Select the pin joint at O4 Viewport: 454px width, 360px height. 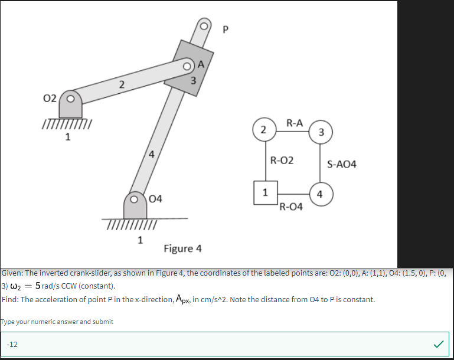click(135, 199)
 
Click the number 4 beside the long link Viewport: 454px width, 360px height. click(152, 155)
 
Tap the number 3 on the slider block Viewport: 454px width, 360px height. click(193, 81)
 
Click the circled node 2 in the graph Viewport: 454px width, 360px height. click(263, 129)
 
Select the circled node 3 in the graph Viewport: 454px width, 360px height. click(321, 132)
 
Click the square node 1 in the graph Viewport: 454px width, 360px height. click(265, 192)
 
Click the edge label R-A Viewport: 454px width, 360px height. click(294, 123)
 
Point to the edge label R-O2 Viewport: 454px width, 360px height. click(282, 160)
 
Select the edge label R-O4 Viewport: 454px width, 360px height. click(291, 207)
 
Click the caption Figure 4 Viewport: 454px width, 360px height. click(182, 248)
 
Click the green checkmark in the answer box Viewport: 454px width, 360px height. click(439, 343)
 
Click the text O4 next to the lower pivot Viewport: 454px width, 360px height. click(156, 198)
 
